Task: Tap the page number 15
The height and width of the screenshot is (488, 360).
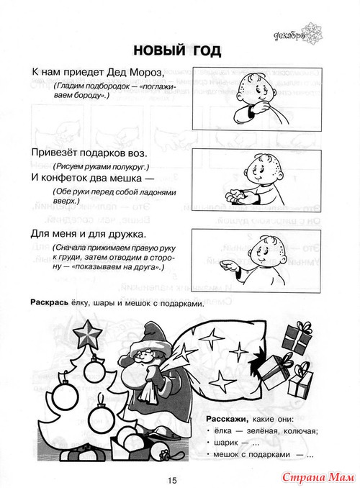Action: (x=172, y=480)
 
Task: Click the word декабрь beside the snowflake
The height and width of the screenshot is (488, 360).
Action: (x=289, y=37)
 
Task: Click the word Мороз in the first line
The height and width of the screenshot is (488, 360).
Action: (x=146, y=72)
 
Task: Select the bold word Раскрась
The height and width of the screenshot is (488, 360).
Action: (x=49, y=303)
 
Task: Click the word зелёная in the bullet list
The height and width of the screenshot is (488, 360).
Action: (x=263, y=431)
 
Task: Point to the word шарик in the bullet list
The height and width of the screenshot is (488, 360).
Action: (x=226, y=443)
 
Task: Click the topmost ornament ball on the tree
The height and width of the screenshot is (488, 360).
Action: (x=94, y=370)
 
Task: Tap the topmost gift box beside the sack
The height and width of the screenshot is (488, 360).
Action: (x=297, y=338)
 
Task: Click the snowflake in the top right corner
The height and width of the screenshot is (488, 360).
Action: (x=312, y=33)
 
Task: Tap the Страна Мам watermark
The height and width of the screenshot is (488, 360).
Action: (x=318, y=477)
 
